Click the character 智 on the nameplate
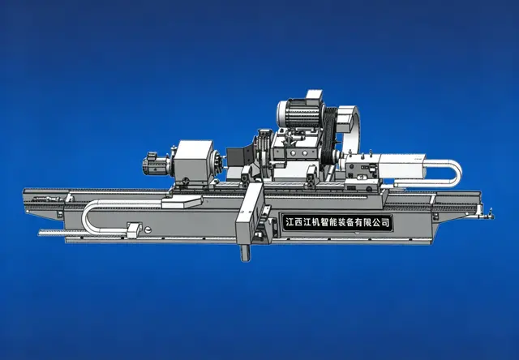tap(323, 222)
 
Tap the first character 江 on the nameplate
tap(290, 222)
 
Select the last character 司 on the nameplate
tap(386, 222)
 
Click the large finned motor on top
tap(299, 114)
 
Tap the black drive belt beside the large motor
tap(330, 137)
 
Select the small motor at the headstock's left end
tap(155, 164)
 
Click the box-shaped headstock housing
tap(193, 161)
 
